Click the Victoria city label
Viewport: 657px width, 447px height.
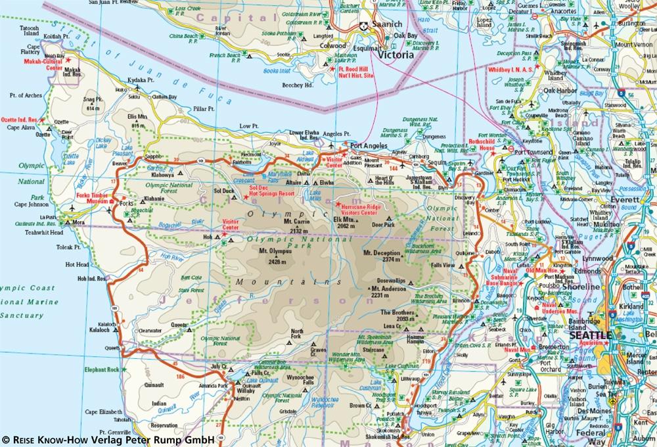(394, 55)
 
